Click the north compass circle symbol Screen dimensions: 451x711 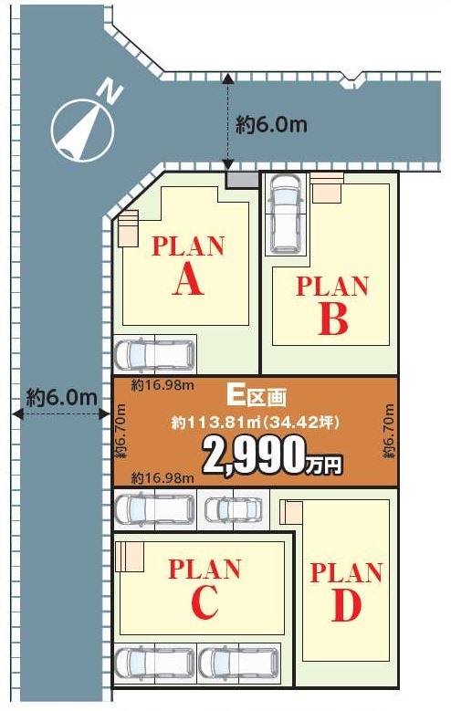[81, 131]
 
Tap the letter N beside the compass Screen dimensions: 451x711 [110, 92]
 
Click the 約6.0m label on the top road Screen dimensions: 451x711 [271, 124]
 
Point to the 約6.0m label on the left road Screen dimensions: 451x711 [62, 398]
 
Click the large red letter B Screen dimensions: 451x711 [333, 319]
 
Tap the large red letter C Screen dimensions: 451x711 [205, 602]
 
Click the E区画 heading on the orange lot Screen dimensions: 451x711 [257, 397]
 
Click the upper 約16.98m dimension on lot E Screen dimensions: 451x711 [163, 386]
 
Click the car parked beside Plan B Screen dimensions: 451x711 [285, 214]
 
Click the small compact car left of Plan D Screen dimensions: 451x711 [233, 509]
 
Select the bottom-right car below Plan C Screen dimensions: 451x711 [238, 663]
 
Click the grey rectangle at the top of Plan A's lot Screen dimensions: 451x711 [242, 181]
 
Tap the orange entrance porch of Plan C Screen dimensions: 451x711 [130, 557]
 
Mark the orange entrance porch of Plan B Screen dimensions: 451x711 [327, 187]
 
